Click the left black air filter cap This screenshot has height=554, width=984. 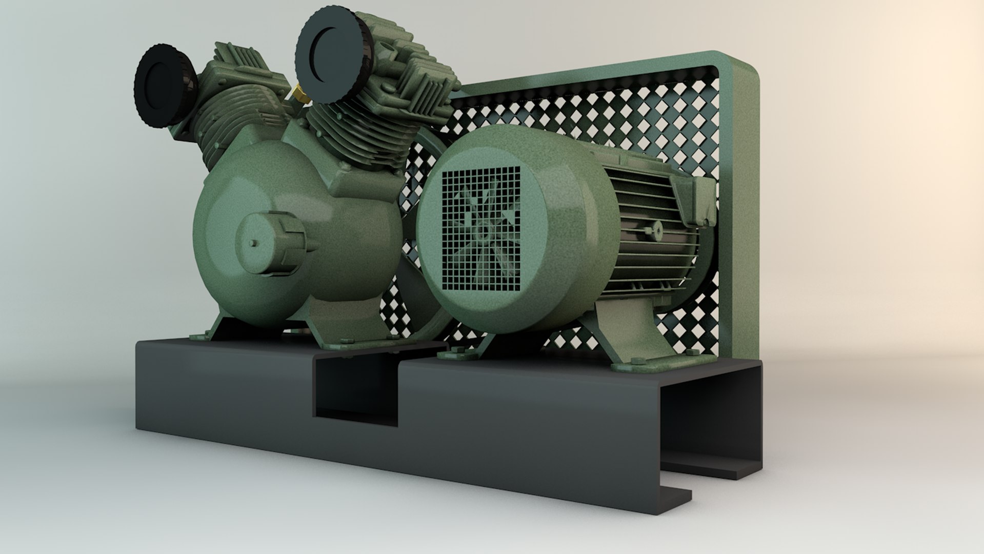click(x=163, y=85)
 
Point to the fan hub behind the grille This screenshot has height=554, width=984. click(x=482, y=232)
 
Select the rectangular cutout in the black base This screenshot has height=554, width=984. click(x=355, y=390)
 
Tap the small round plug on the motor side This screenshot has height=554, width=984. click(x=657, y=229)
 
